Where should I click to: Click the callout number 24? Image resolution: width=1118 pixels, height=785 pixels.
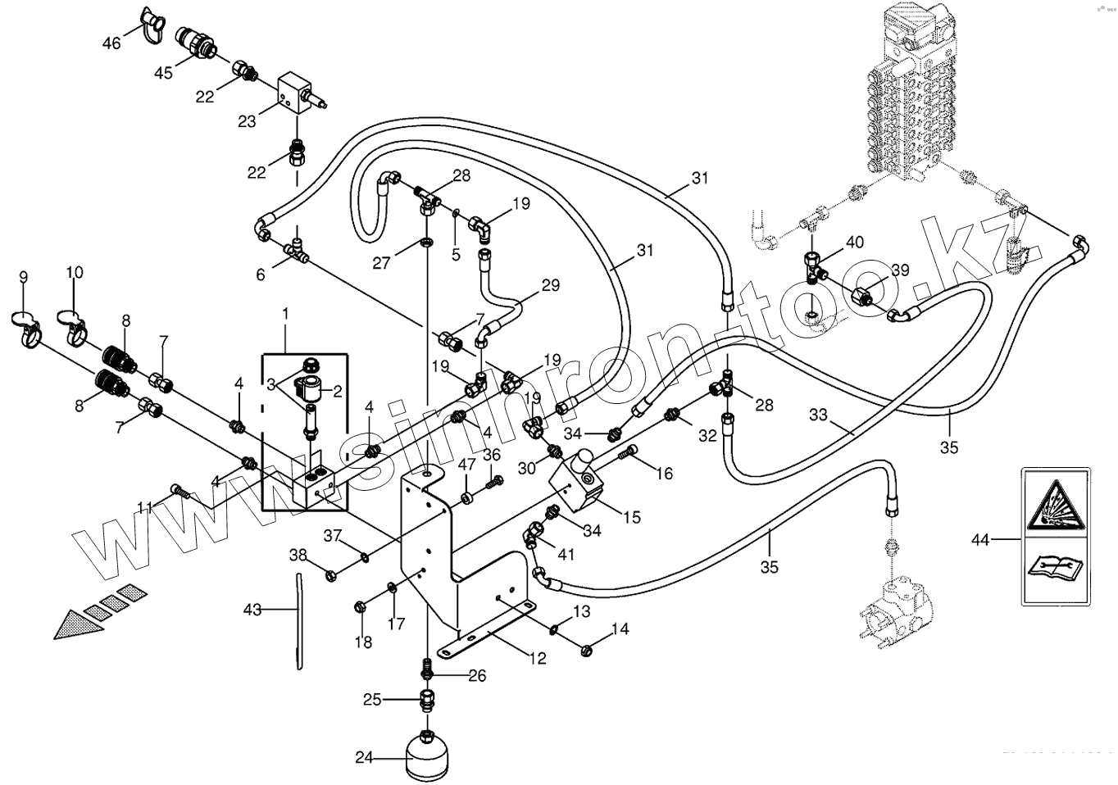pyautogui.click(x=364, y=758)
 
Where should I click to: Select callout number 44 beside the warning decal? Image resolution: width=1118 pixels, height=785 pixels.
pyautogui.click(x=980, y=539)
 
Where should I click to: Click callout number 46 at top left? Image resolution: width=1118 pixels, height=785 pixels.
pyautogui.click(x=111, y=42)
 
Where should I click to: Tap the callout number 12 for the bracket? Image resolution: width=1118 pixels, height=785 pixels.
pyautogui.click(x=537, y=657)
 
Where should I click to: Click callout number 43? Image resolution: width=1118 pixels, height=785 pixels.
pyautogui.click(x=252, y=610)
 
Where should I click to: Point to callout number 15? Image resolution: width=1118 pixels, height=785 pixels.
pyautogui.click(x=631, y=517)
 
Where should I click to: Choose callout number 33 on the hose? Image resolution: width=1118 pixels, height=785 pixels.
pyautogui.click(x=818, y=415)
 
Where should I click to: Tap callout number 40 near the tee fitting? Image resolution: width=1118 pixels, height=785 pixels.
pyautogui.click(x=854, y=242)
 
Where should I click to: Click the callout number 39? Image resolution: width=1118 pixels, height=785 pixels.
pyautogui.click(x=900, y=271)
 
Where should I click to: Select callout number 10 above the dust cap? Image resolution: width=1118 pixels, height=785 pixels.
pyautogui.click(x=75, y=271)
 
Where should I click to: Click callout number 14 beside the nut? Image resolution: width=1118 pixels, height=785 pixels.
pyautogui.click(x=620, y=629)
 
